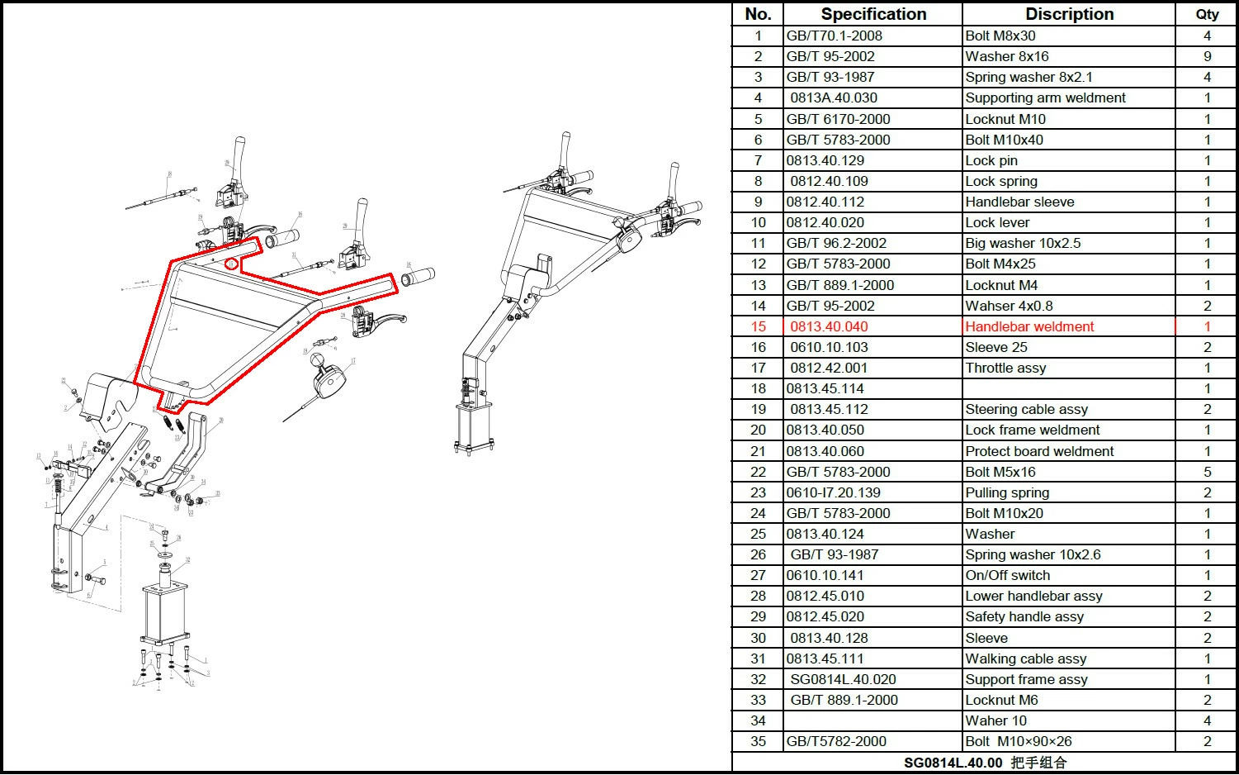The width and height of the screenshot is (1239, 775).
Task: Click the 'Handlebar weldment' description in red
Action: point(1029,326)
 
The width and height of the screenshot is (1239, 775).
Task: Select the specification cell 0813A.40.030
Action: point(834,97)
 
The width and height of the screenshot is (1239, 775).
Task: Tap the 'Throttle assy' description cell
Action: point(1005,368)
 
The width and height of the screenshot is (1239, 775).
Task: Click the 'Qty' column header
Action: point(1207,14)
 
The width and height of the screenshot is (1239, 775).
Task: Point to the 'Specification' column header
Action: point(873,14)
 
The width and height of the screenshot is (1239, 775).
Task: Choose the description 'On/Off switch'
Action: point(1008,575)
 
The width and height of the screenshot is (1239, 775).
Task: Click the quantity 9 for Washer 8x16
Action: point(1207,56)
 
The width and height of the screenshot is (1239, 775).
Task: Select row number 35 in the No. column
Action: point(758,741)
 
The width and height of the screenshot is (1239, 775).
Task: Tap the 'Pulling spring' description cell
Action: point(1007,492)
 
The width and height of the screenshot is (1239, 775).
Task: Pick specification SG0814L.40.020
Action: point(843,679)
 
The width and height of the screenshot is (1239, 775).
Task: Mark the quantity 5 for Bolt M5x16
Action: point(1207,472)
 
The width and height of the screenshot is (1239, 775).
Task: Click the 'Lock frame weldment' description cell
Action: point(1033,430)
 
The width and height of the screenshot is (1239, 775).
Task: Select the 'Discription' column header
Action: point(1069,14)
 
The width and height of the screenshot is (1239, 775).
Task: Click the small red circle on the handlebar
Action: point(232,264)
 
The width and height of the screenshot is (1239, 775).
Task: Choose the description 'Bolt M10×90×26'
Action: point(1019,741)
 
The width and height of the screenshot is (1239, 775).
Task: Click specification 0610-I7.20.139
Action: point(833,492)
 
